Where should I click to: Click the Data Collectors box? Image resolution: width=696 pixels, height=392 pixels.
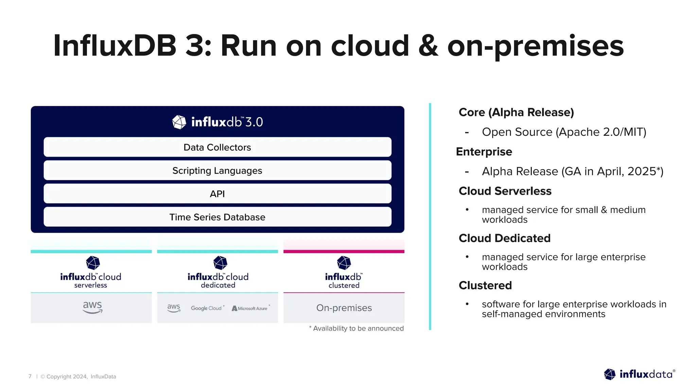217,147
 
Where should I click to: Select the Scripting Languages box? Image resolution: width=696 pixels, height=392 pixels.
217,170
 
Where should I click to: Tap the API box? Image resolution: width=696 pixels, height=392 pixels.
217,194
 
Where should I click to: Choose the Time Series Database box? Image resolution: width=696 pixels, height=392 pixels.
217,217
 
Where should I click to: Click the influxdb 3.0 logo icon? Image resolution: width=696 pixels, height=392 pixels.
179,122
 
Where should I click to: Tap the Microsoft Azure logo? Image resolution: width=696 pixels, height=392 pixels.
250,308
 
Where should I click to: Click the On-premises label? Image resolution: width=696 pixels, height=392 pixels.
344,308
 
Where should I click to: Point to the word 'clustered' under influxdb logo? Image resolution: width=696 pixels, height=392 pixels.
344,285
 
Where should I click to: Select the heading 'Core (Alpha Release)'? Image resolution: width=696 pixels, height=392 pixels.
516,112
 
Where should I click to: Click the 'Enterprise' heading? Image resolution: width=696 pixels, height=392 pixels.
484,152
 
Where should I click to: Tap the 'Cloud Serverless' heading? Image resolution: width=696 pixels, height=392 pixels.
505,191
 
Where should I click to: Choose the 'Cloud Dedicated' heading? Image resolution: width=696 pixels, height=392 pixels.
504,238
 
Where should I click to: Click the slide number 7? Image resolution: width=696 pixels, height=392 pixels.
30,376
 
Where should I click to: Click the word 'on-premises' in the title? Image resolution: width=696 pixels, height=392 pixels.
536,46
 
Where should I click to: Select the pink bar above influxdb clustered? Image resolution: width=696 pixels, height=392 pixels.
344,251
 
